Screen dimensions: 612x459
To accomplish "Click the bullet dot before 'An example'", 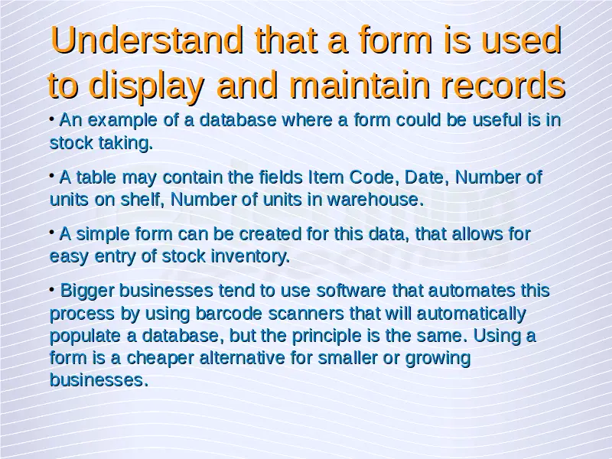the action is (x=52, y=118).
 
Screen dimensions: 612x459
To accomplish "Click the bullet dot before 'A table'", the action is (x=52, y=176).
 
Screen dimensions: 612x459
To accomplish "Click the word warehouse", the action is (x=376, y=200).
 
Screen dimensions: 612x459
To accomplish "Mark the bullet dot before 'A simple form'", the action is (x=52, y=233).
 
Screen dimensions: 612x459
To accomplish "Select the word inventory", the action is (x=250, y=257).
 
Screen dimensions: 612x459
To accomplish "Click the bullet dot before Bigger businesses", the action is (x=52, y=289).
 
